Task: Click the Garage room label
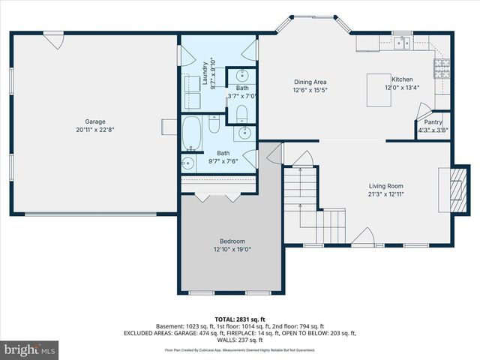point(94,121)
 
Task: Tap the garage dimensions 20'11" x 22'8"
point(94,130)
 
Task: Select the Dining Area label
point(310,82)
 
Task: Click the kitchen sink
point(403,43)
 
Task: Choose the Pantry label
point(433,122)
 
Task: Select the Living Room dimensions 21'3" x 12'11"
point(385,194)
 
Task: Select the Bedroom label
point(232,241)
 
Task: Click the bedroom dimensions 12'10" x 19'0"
point(232,250)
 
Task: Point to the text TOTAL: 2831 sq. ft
point(239,318)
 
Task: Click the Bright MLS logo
point(30,350)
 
